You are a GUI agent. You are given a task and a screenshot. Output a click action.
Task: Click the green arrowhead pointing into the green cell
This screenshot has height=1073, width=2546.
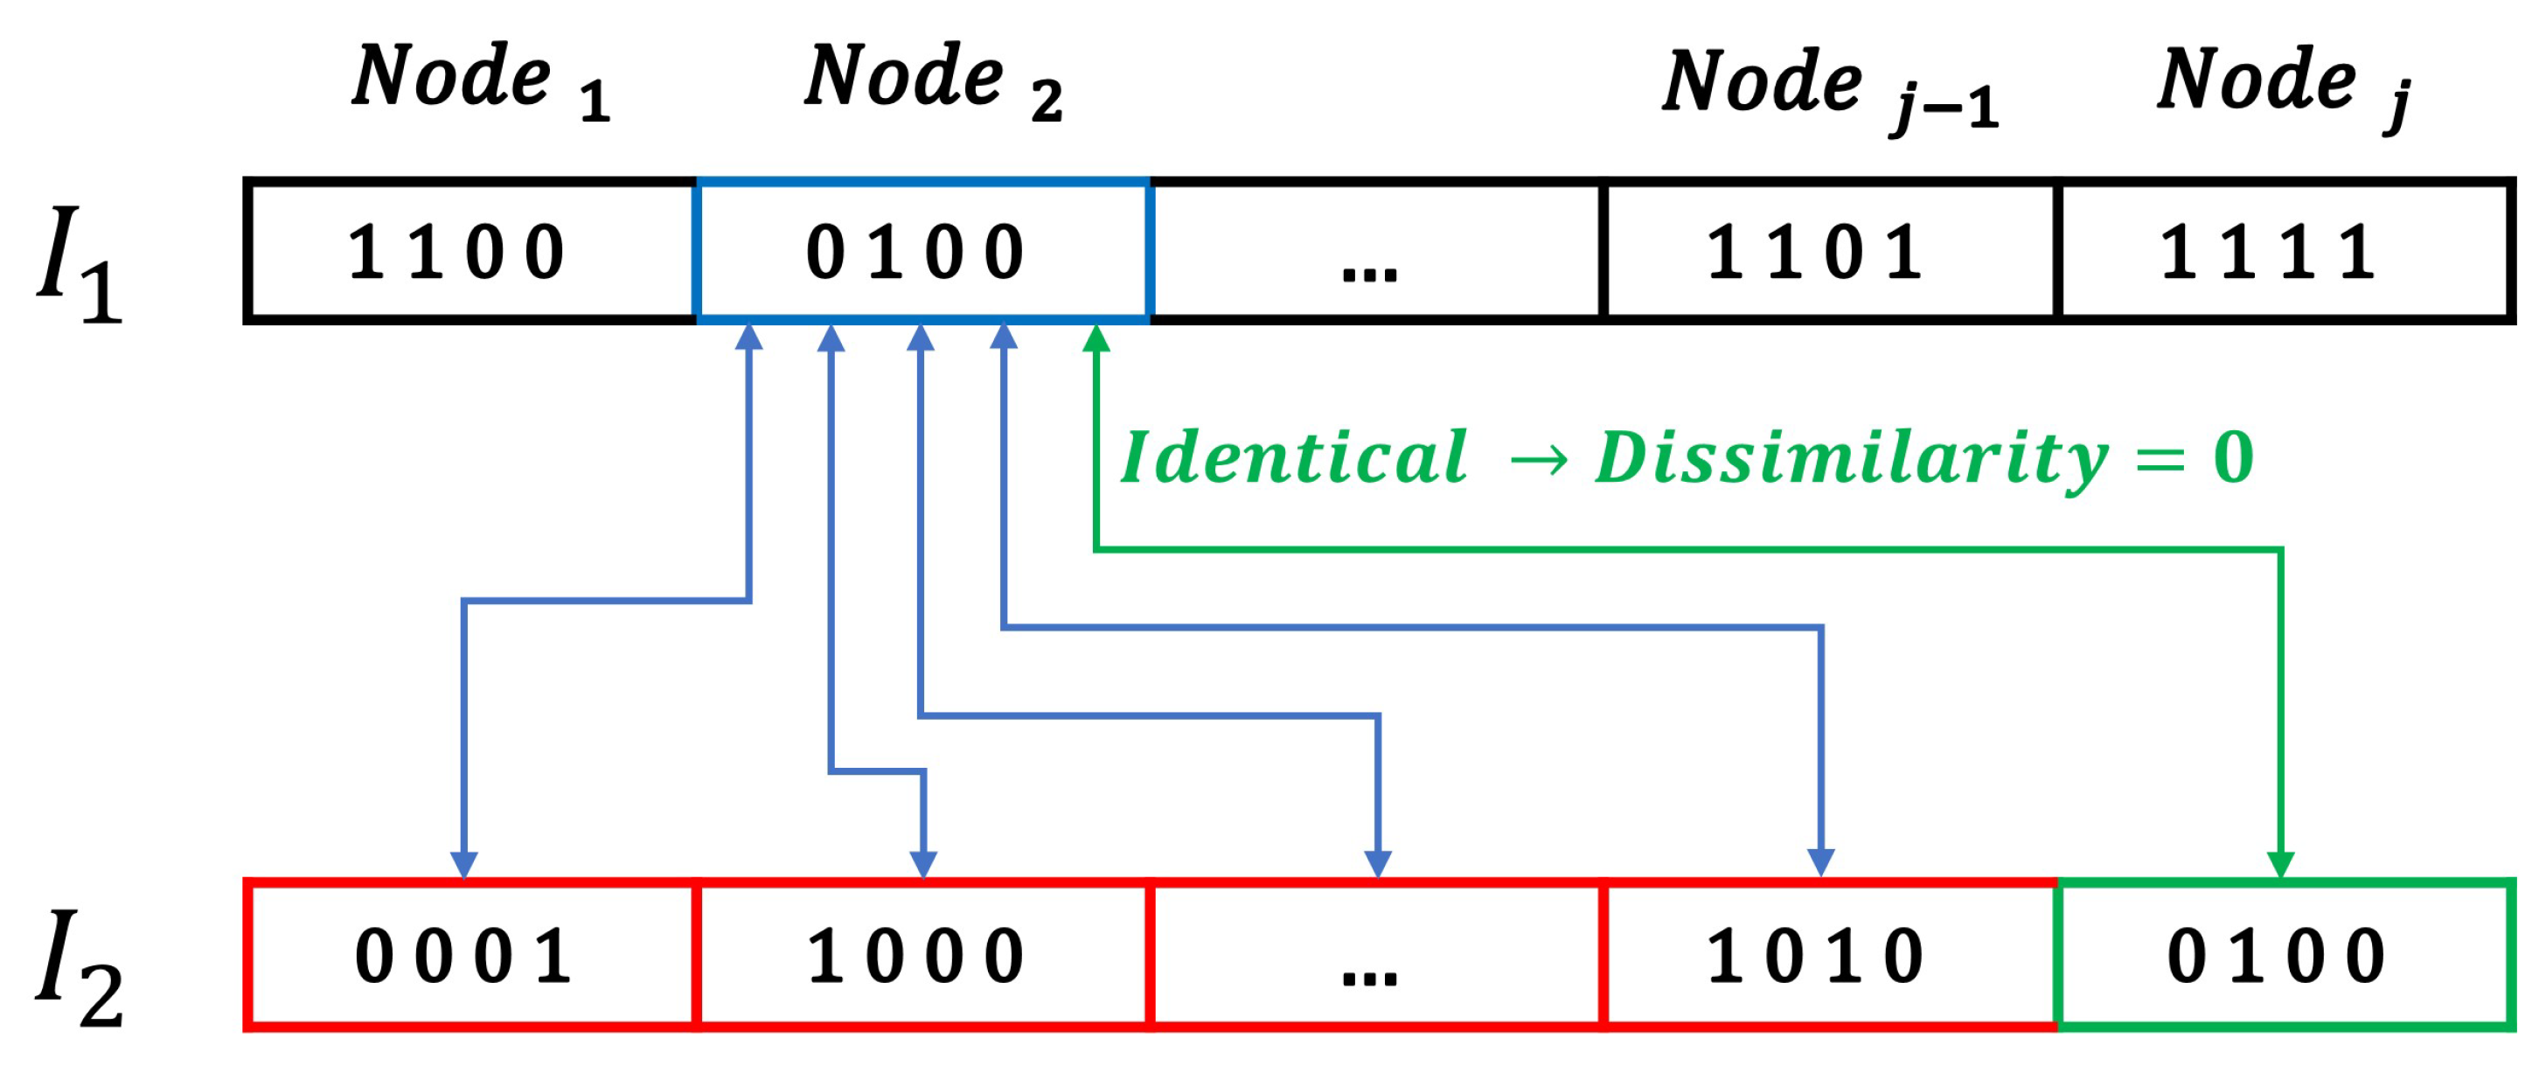[x=2280, y=864]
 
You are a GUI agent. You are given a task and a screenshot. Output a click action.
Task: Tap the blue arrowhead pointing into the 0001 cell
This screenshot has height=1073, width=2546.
[x=463, y=864]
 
